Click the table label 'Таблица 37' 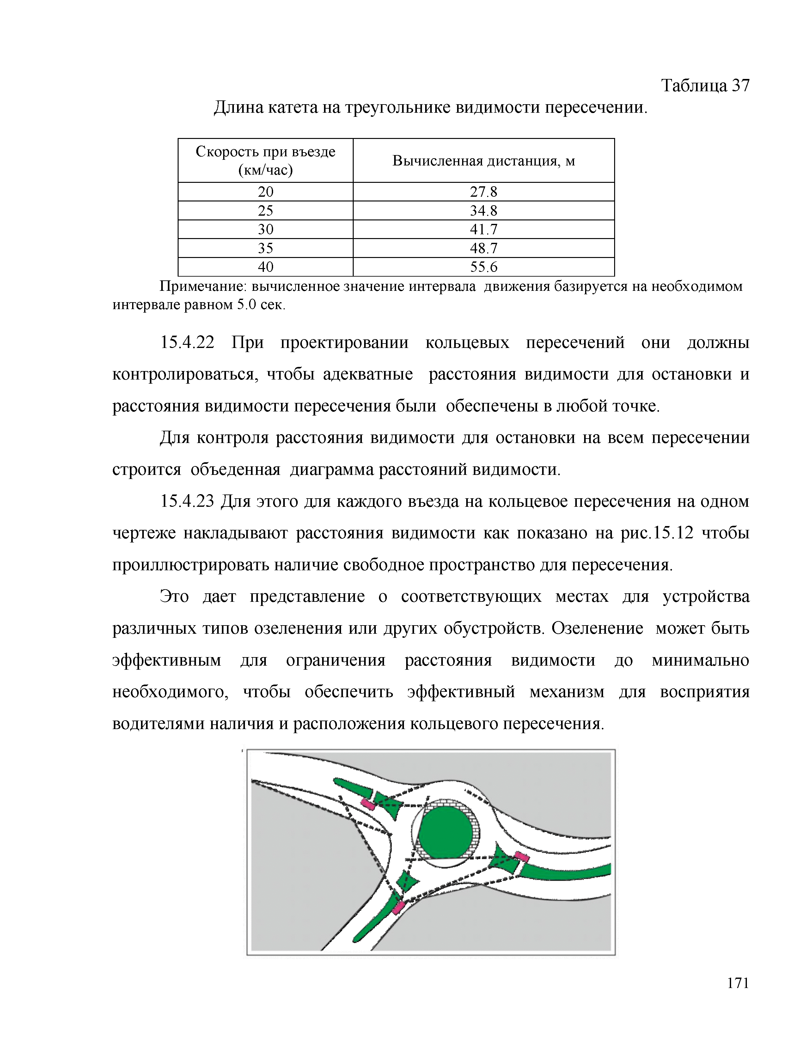click(705, 86)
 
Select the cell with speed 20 click(266, 192)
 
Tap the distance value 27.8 click(483, 192)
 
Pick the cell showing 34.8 click(483, 210)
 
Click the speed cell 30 click(266, 230)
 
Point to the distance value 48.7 click(483, 248)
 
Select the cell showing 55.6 click(483, 267)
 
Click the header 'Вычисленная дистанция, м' click(483, 161)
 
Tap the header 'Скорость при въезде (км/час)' click(266, 161)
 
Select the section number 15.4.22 click(187, 343)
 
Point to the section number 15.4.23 click(187, 501)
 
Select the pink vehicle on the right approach click(522, 856)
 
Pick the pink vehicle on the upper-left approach click(368, 805)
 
